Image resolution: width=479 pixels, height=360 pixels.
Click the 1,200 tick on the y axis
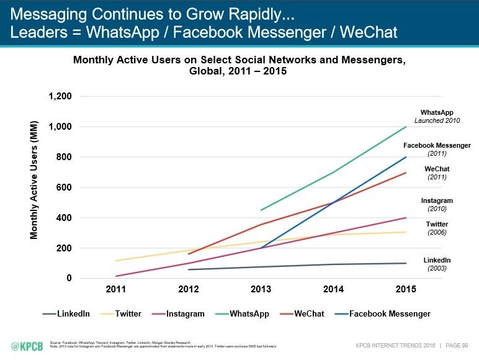coord(60,97)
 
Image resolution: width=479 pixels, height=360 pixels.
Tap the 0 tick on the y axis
coord(69,278)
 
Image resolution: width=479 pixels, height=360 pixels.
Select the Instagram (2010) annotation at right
coord(437,205)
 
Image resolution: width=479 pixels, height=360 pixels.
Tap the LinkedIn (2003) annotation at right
coord(437,264)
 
